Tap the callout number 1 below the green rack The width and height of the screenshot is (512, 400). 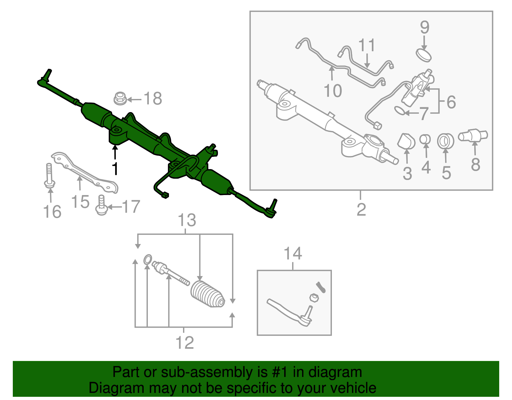115,169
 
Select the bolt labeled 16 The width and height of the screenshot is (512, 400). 49,176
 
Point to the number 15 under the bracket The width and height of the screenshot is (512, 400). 80,202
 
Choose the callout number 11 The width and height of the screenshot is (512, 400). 367,45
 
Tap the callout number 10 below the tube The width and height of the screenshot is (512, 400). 333,91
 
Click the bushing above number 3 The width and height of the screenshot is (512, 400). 406,141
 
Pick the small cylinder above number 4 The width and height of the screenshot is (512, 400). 425,139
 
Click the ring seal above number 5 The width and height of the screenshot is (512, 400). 445,141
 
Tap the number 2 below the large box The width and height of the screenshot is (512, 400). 361,210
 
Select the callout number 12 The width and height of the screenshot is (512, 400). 185,343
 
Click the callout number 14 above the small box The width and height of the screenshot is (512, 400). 293,254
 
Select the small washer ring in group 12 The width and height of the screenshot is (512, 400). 148,259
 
